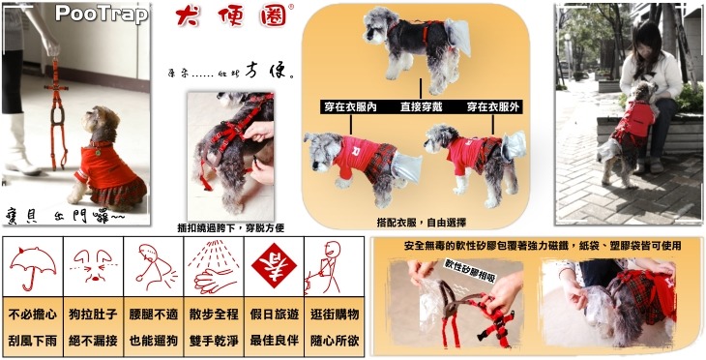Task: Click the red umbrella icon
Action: (34, 264)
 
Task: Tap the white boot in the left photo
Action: (20, 145)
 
